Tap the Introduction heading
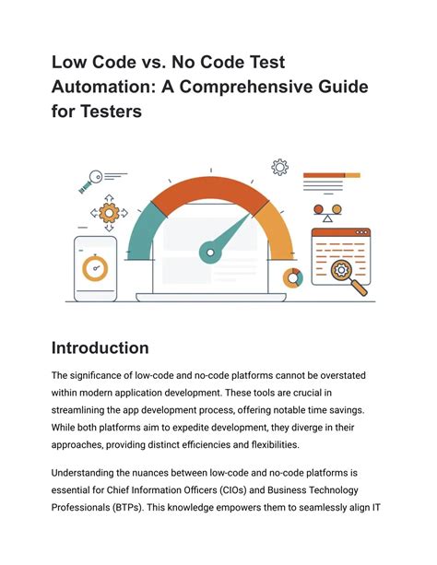(x=100, y=348)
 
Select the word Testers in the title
(x=111, y=111)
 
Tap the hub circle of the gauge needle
(x=210, y=253)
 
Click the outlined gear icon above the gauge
(x=279, y=167)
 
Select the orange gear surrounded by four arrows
(x=109, y=213)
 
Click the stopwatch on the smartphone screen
(x=95, y=268)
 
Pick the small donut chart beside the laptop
(x=293, y=278)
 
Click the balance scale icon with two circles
(x=327, y=213)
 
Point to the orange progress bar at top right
(x=332, y=175)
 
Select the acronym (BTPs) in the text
(x=128, y=508)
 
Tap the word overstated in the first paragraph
(x=343, y=375)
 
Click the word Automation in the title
(x=103, y=87)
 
